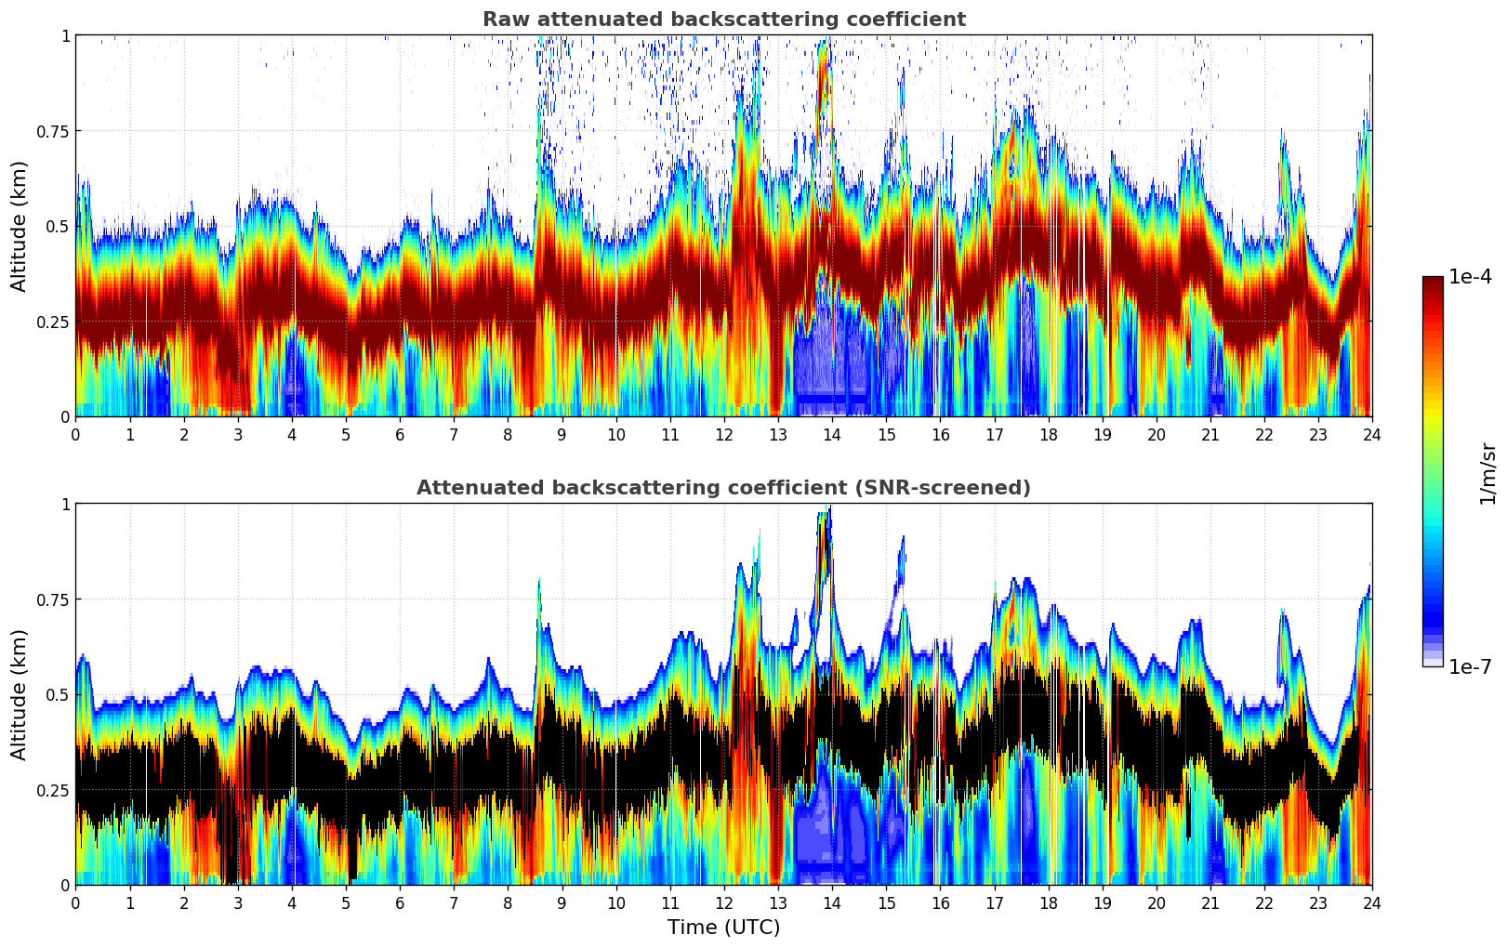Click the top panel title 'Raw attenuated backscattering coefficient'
click(x=723, y=20)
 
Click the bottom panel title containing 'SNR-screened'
click(x=723, y=488)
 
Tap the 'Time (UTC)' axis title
click(x=723, y=928)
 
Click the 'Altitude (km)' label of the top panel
click(x=20, y=226)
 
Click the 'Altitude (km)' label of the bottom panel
click(x=20, y=694)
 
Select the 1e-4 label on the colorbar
click(x=1470, y=277)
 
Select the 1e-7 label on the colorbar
click(x=1470, y=666)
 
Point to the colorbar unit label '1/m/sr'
click(x=1487, y=474)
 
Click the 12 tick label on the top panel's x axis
click(x=723, y=435)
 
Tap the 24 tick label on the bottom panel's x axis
click(x=1372, y=903)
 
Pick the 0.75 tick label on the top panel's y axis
click(x=52, y=131)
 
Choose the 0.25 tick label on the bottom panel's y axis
click(x=52, y=790)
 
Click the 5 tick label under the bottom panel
click(x=346, y=903)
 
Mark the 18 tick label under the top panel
click(x=1048, y=435)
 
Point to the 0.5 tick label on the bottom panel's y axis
click(x=58, y=694)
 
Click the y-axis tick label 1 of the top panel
click(x=65, y=35)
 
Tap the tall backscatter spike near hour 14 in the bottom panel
click(x=825, y=539)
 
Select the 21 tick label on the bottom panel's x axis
click(x=1210, y=903)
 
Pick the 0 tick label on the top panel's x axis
click(x=76, y=435)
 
